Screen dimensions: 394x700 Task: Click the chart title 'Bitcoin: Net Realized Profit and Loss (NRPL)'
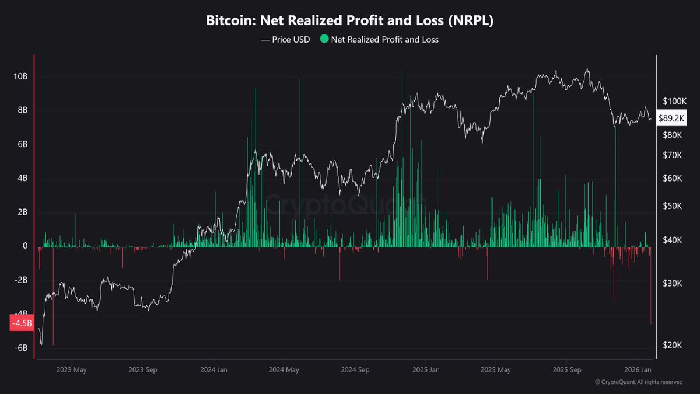[x=350, y=20]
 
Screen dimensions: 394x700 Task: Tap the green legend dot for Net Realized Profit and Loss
[x=324, y=40]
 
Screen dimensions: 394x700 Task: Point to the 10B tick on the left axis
[x=21, y=77]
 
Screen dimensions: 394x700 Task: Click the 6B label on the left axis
[x=22, y=145]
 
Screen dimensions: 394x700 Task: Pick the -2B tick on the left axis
[x=21, y=280]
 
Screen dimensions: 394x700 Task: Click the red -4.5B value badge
[x=22, y=323]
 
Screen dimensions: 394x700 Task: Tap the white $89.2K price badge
[x=672, y=118]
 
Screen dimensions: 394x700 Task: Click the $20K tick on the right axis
[x=673, y=345]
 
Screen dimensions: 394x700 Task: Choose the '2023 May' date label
[x=71, y=369]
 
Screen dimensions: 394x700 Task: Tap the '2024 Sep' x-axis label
[x=355, y=369]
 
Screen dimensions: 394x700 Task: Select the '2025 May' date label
[x=496, y=369]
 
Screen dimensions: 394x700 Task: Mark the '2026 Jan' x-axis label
[x=638, y=369]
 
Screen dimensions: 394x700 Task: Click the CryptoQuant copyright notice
[x=639, y=382]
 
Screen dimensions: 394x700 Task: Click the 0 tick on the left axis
[x=25, y=246]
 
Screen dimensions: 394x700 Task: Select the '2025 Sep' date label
[x=568, y=369]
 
